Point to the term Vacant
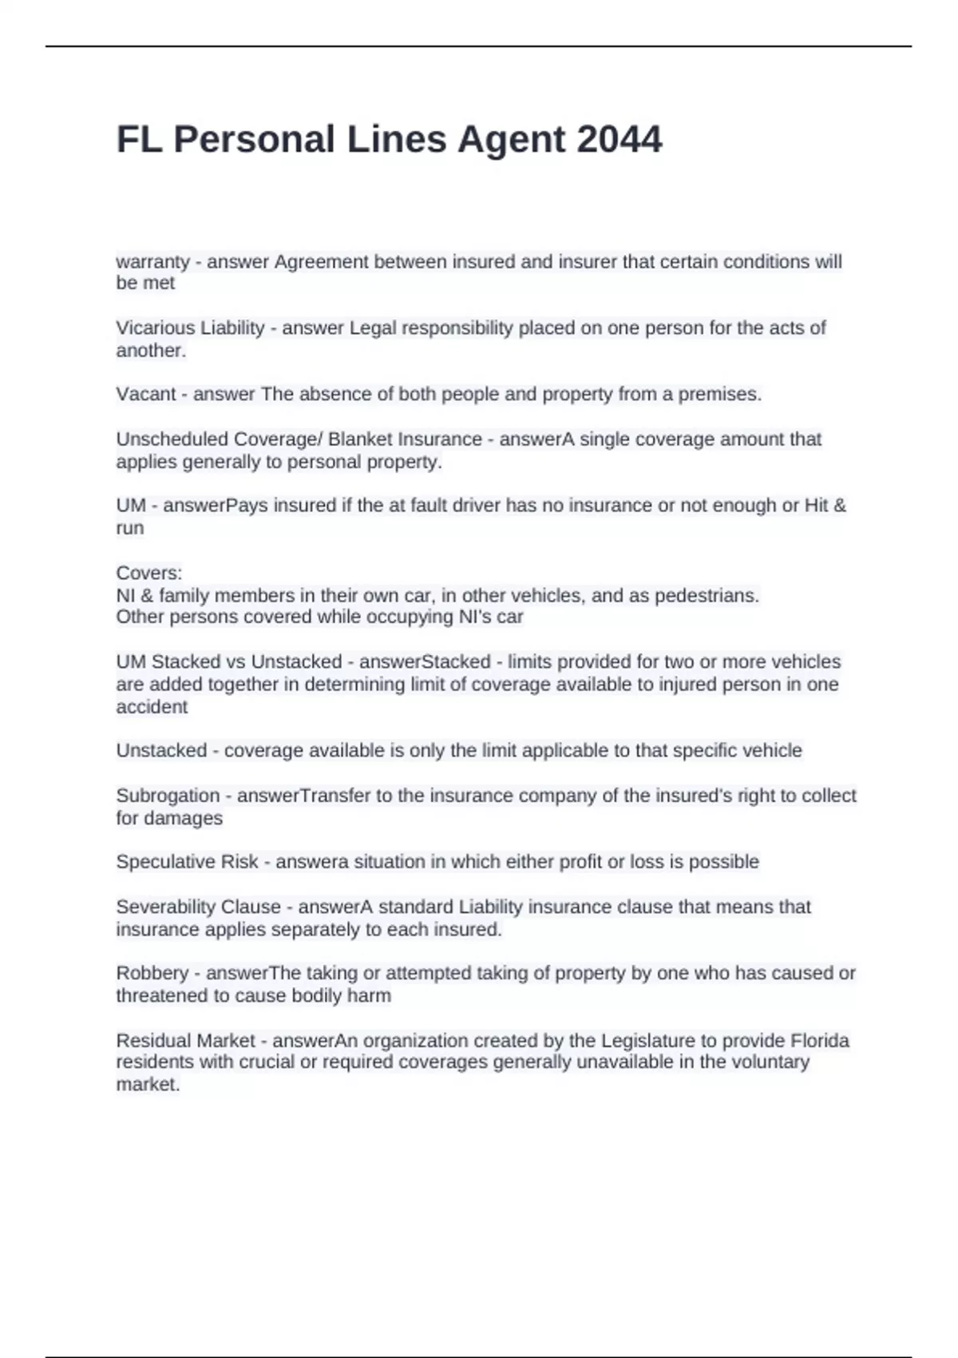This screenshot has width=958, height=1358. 146,394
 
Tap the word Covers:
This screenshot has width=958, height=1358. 149,573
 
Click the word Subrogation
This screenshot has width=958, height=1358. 168,796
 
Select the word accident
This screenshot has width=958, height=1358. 152,707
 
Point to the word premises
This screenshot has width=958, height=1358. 719,394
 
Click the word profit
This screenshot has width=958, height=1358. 581,861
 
